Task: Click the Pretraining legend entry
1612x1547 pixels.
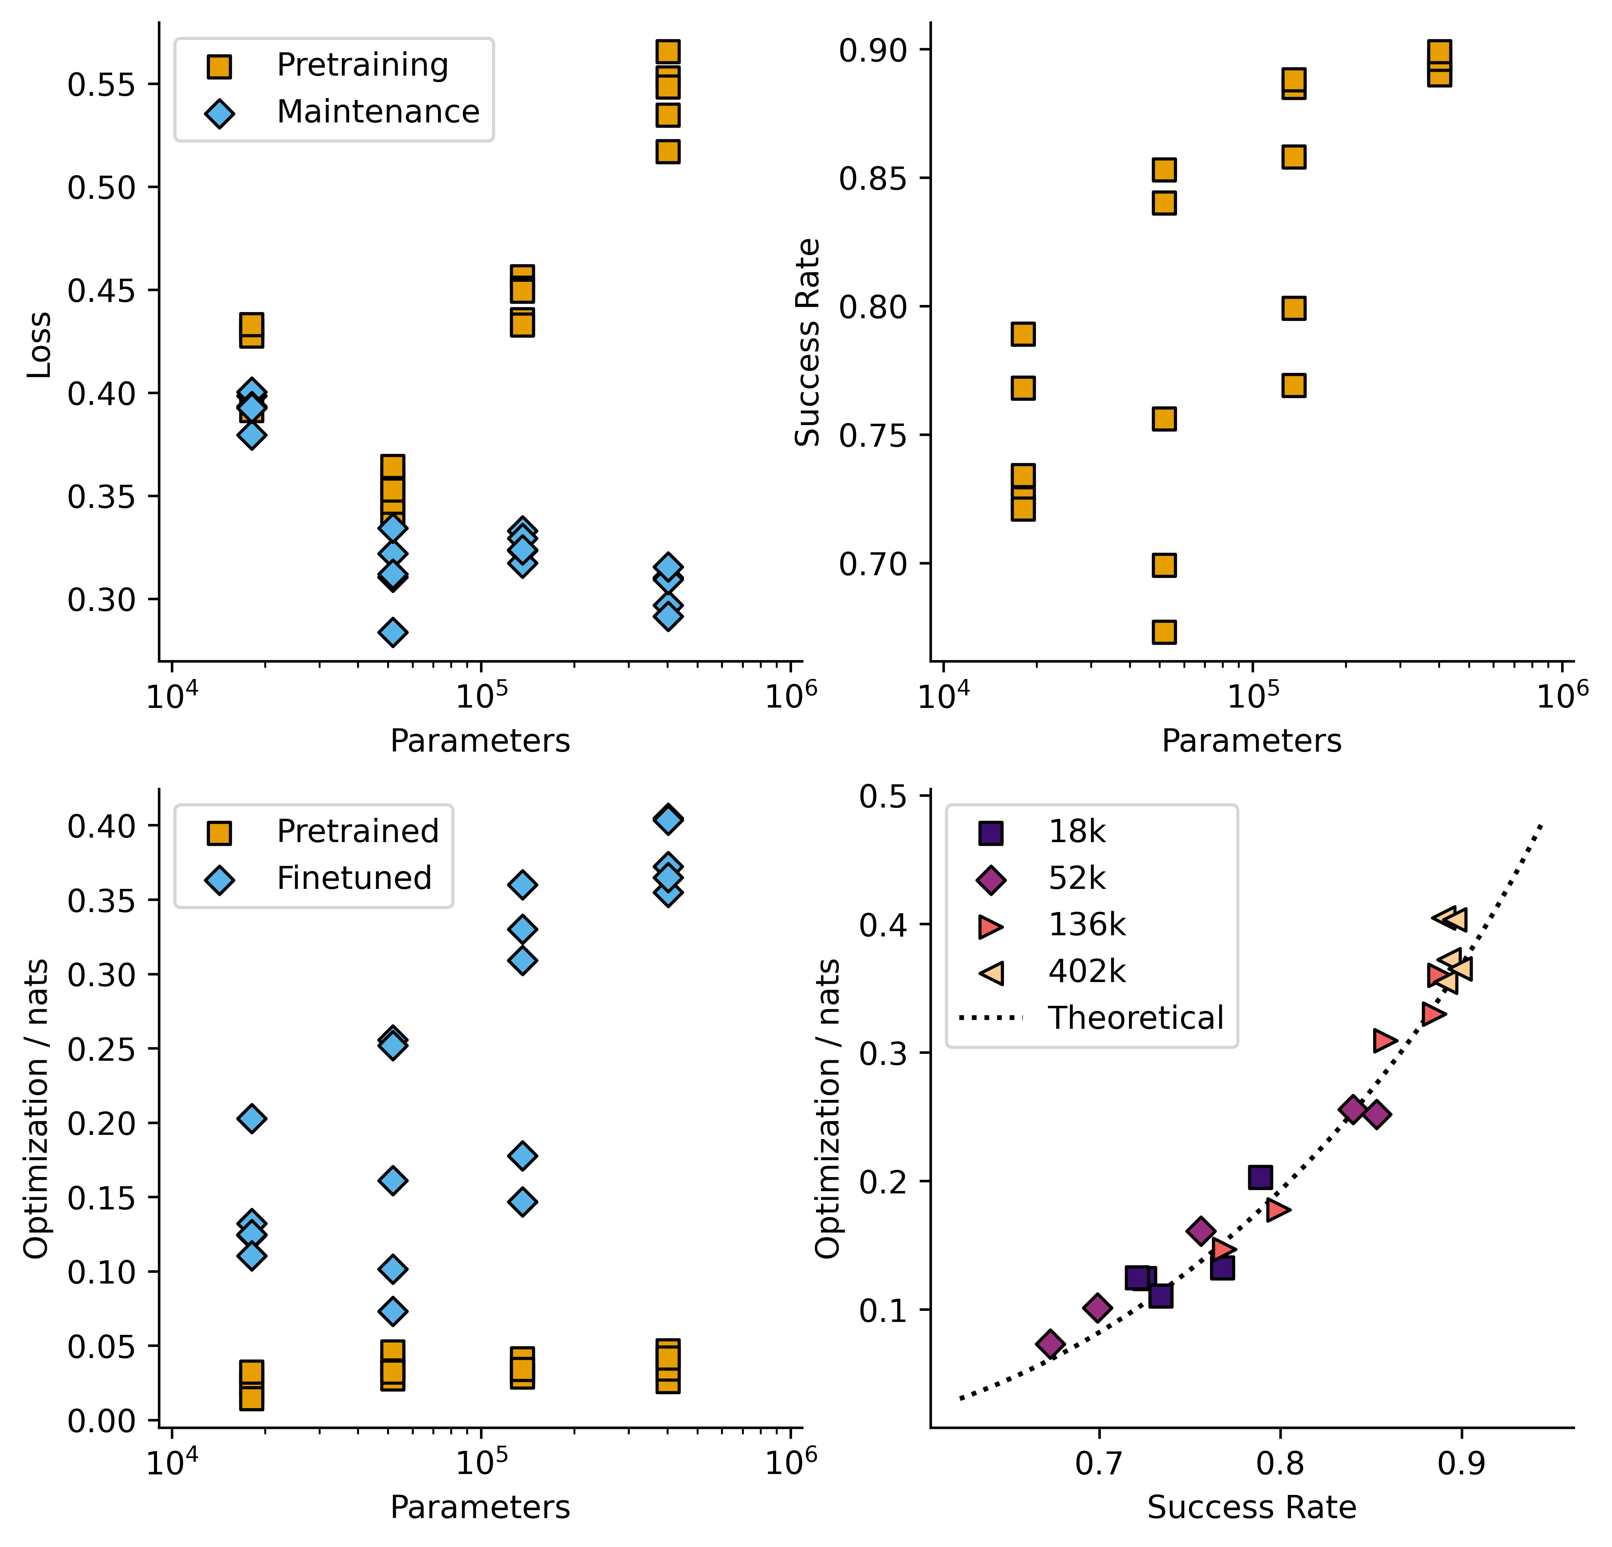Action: (x=362, y=65)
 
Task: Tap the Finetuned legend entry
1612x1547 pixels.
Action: (x=354, y=878)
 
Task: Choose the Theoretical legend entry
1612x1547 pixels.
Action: (x=1135, y=1018)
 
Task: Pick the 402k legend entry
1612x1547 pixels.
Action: (x=1086, y=971)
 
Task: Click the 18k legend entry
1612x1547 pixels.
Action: (x=1076, y=832)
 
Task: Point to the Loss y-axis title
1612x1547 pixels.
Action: (x=39, y=346)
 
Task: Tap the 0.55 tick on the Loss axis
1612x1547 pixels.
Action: (x=100, y=85)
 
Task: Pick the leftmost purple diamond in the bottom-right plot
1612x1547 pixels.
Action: (x=1050, y=1344)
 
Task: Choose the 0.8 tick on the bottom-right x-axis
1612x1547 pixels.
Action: (x=1280, y=1465)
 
